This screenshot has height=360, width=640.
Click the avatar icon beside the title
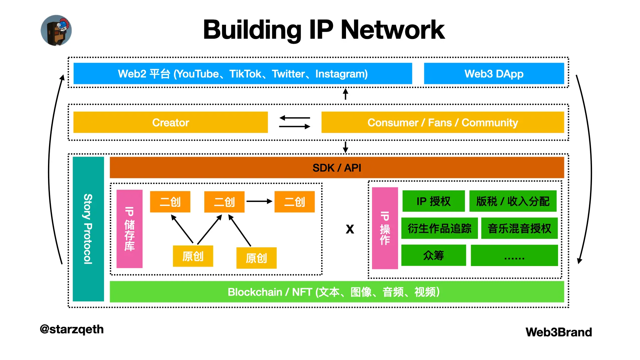56,30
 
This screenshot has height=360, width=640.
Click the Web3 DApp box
494,74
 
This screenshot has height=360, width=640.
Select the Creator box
170,122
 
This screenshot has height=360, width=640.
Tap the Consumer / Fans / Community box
442,122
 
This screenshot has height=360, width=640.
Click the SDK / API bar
337,168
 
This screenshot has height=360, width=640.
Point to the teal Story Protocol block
88,229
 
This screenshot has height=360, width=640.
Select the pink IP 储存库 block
129,229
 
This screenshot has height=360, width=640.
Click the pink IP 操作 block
385,228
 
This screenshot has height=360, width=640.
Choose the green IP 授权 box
433,201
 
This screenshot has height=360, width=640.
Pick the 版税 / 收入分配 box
513,201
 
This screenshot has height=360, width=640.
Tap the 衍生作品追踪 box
439,228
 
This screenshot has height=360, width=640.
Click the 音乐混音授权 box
519,228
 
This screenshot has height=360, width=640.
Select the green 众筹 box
433,255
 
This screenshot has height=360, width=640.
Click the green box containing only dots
514,255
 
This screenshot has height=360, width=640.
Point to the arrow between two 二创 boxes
259,201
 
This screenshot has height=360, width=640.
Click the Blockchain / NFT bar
337,292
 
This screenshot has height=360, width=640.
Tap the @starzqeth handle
72,329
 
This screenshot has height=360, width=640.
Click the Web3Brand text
559,332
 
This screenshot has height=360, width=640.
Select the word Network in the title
392,30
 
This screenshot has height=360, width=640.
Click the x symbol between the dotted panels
350,229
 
